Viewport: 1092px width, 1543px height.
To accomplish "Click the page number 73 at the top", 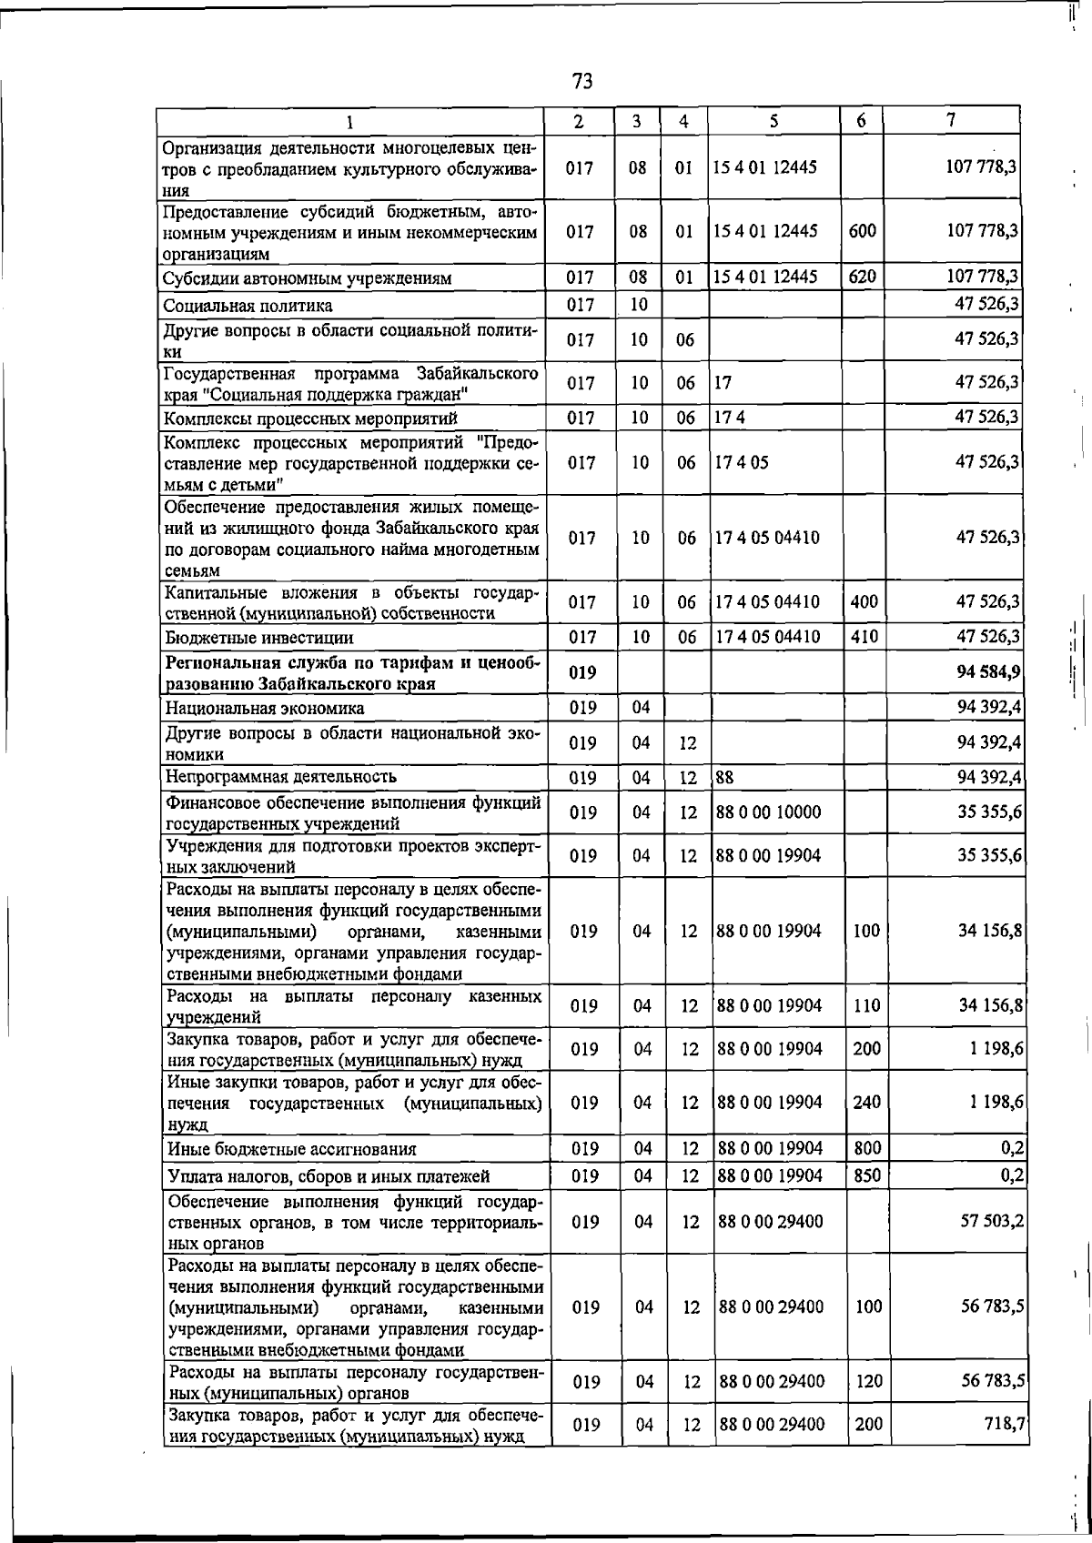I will pos(582,81).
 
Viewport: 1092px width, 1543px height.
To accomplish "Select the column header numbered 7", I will pos(950,119).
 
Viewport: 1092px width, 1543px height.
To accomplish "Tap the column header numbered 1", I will pos(349,121).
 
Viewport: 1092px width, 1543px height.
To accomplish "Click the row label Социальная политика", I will pos(248,306).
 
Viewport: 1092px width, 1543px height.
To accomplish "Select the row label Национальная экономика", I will pos(265,708).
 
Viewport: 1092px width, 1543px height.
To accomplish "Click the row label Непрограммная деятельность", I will pos(281,777).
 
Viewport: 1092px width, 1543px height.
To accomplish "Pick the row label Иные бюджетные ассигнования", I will pos(291,1149).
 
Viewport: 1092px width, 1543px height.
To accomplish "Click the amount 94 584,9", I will pos(988,672).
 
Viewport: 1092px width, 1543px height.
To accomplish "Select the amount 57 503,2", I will pos(992,1221).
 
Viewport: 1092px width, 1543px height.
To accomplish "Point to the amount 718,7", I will pos(1006,1423).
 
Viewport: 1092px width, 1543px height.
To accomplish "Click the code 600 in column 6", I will pos(862,231).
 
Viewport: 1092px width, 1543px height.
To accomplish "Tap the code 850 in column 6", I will pos(867,1175).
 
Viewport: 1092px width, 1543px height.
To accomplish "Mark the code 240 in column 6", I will pos(866,1103).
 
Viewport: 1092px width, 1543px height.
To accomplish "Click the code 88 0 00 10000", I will pos(768,812).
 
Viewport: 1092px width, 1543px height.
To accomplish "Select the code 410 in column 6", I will pos(864,637).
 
